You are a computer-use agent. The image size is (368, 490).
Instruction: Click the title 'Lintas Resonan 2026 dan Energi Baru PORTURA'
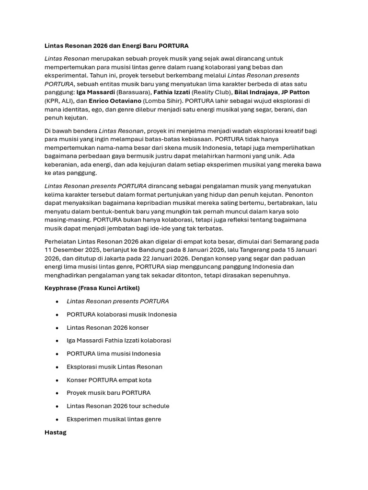[x=116, y=46]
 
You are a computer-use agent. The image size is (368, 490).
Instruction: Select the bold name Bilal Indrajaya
[x=256, y=92]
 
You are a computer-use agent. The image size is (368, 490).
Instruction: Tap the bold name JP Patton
[x=295, y=92]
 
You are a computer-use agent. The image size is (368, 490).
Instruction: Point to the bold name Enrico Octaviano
[x=115, y=101]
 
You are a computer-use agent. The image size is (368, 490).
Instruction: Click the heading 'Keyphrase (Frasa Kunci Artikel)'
[x=92, y=288]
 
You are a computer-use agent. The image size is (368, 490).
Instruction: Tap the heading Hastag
[x=56, y=432]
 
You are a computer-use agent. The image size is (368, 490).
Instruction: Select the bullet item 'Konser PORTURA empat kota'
[x=109, y=380]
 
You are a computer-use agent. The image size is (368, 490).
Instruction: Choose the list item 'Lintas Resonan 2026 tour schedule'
[x=118, y=406]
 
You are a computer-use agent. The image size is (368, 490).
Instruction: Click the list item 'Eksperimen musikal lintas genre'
[x=114, y=419]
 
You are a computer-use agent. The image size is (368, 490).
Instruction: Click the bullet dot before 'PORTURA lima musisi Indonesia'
[x=57, y=354]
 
